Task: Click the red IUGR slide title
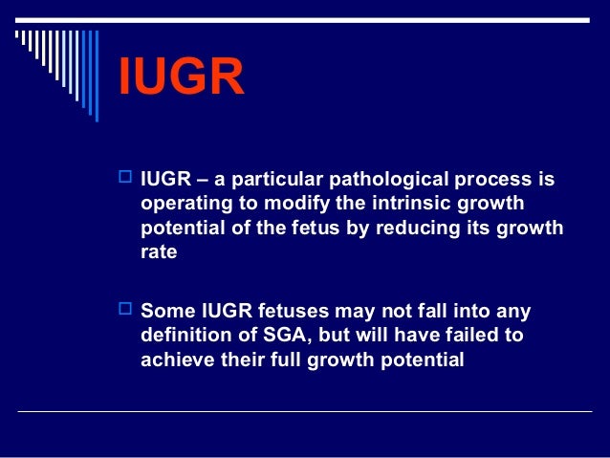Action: click(x=181, y=79)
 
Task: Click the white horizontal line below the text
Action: click(x=306, y=412)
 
